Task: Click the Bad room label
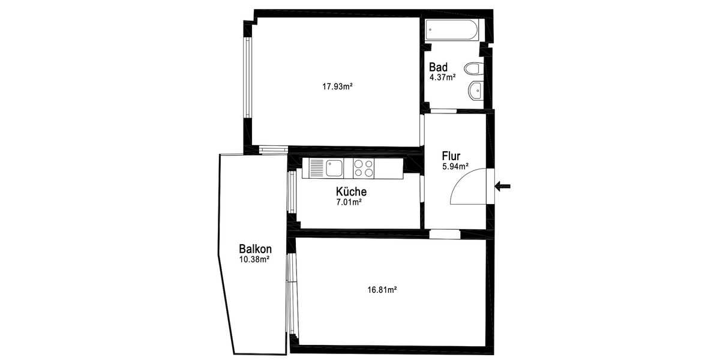point(438,67)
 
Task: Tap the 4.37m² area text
point(442,77)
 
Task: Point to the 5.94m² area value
point(455,167)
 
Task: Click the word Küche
point(351,192)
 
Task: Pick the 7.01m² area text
point(349,202)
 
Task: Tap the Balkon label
point(255,249)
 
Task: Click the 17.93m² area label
point(337,86)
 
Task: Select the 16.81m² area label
point(382,289)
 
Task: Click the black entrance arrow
point(503,187)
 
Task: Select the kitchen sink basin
point(334,167)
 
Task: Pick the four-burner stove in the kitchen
point(363,167)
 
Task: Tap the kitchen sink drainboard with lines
point(317,167)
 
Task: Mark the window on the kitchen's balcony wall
point(290,192)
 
